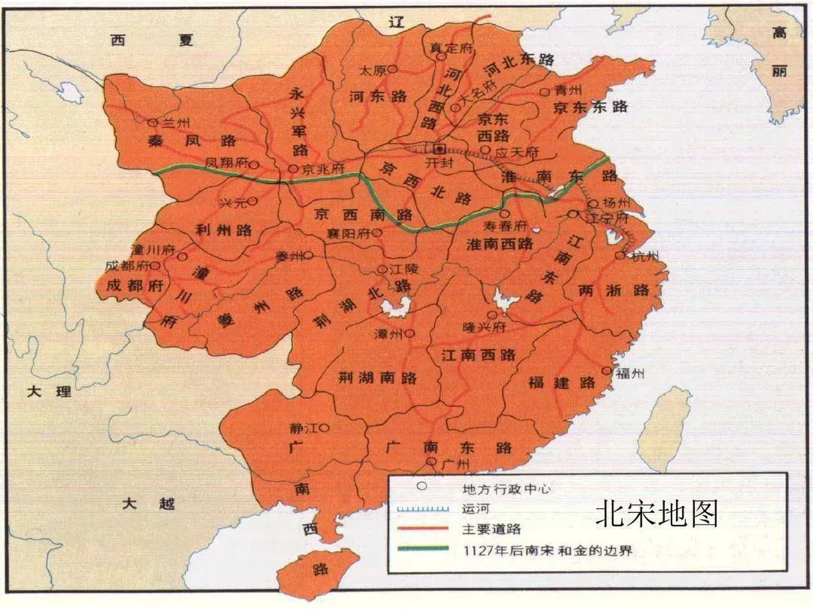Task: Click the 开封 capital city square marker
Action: click(440, 148)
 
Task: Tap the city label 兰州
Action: click(176, 123)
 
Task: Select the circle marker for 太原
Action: click(392, 69)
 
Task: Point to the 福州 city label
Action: click(630, 373)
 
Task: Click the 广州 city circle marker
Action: click(432, 461)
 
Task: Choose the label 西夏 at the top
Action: click(151, 40)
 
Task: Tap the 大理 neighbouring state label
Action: click(49, 392)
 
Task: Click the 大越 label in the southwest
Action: click(148, 503)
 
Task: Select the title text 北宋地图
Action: click(656, 514)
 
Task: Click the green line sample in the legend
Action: click(423, 549)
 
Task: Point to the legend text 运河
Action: click(475, 509)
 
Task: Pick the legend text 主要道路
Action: click(491, 529)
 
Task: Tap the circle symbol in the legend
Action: click(422, 487)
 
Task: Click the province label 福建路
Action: click(562, 383)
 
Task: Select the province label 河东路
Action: click(378, 97)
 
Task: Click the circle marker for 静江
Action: click(324, 428)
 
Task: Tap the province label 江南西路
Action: click(478, 355)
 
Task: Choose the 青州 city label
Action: click(568, 91)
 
